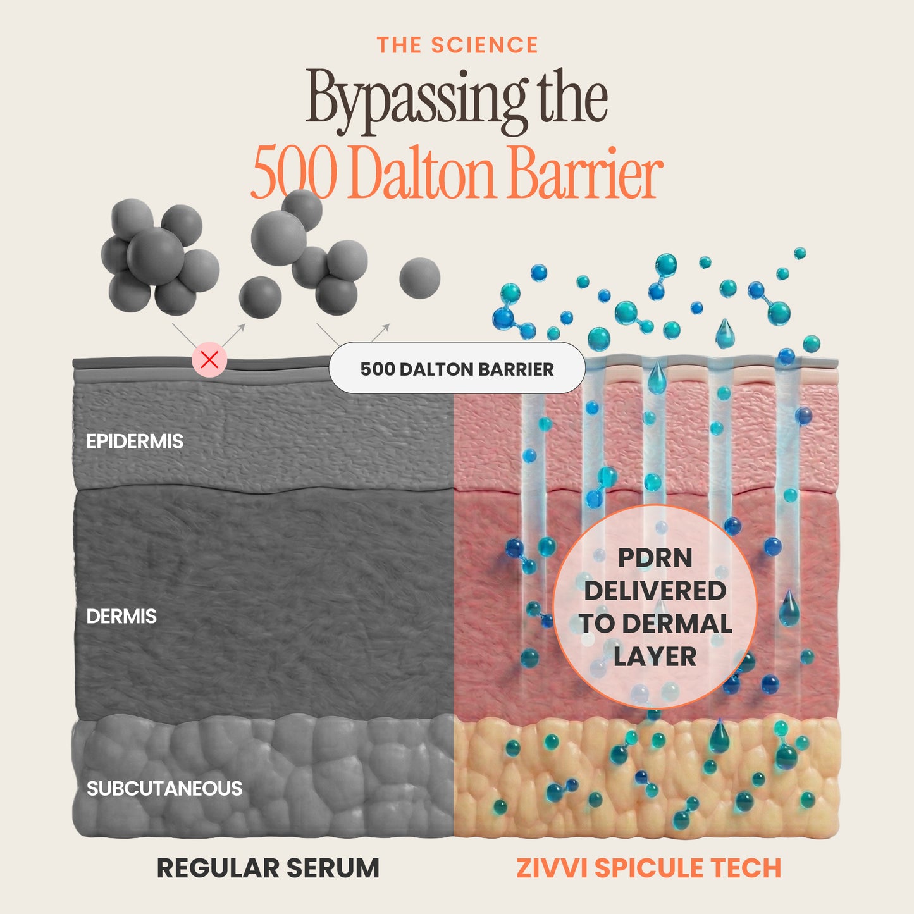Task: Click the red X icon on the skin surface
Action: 209,360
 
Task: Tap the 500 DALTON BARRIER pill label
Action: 457,368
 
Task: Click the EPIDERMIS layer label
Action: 135,442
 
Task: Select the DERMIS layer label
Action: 121,617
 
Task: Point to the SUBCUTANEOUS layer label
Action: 164,789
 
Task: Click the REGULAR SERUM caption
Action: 268,868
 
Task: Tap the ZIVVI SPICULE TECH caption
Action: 648,868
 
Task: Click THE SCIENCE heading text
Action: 457,46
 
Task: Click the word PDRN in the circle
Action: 655,559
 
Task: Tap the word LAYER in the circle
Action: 655,657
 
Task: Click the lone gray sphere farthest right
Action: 420,278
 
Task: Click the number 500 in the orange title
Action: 294,173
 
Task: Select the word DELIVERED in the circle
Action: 655,591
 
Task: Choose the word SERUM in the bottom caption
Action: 333,868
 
